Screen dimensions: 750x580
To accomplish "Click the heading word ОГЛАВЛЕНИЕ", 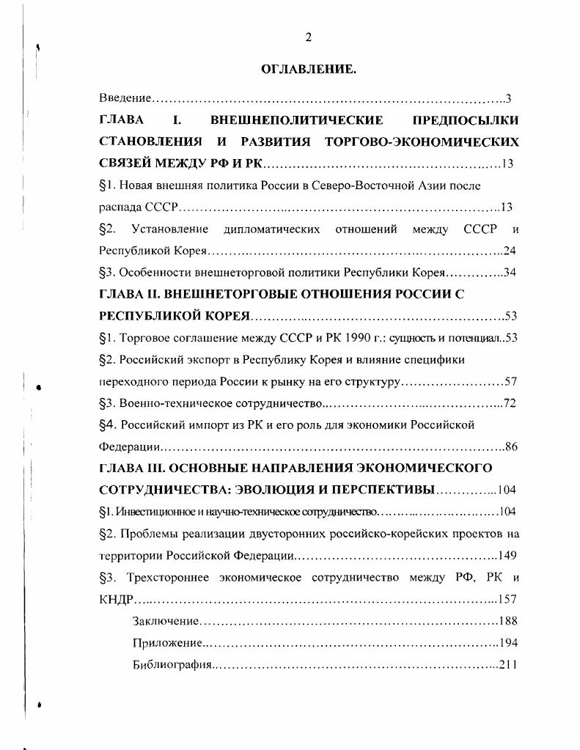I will pos(309,70).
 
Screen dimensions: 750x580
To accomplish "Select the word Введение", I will pos(125,98).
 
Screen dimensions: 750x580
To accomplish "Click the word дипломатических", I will pos(272,229).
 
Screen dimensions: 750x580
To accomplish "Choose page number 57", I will pos(510,382).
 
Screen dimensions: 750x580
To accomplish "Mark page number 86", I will pos(511,446).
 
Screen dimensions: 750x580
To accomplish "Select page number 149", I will pos(507,555).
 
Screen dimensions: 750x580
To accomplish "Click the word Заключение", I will pos(166,621).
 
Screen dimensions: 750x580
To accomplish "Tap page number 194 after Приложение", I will pos(507,643).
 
